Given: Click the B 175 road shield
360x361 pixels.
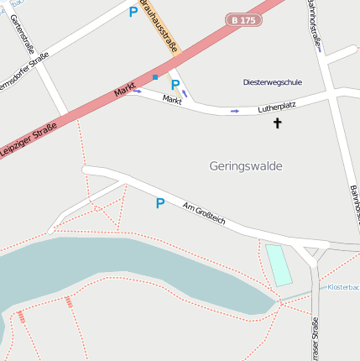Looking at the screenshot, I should [243, 18].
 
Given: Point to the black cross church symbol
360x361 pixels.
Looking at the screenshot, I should [278, 123].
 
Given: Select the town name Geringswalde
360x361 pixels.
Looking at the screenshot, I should [246, 166].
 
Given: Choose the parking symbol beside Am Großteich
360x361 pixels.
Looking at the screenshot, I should [159, 203].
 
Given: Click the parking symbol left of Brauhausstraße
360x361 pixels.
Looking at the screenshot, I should [133, 13].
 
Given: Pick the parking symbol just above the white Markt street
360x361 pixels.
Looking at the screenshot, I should [175, 84].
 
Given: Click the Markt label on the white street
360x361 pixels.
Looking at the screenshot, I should [172, 100].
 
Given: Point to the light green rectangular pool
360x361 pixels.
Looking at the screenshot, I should [279, 264].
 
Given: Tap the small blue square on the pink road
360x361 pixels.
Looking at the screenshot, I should [154, 77].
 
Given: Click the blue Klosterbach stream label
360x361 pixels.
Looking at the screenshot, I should [343, 287].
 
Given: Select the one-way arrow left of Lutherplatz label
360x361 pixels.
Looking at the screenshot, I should [235, 111].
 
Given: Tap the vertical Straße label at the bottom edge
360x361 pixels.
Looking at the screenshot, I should [315, 340].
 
